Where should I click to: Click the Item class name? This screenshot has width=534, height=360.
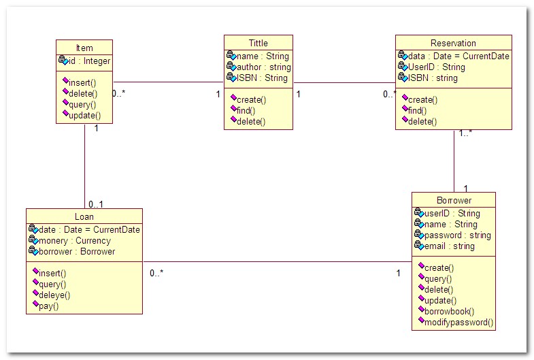[x=84, y=48]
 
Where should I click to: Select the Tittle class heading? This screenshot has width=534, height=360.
[x=258, y=43]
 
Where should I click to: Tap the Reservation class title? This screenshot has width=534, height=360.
[x=453, y=43]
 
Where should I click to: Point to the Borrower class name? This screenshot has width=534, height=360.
[x=454, y=200]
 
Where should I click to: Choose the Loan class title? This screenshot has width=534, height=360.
[x=84, y=216]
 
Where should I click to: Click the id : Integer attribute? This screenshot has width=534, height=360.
[x=89, y=61]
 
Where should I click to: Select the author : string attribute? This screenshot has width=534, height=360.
[x=263, y=67]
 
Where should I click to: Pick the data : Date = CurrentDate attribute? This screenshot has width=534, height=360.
[x=458, y=56]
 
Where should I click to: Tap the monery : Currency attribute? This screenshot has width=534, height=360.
[x=75, y=241]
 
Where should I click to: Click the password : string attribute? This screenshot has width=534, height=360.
[x=457, y=235]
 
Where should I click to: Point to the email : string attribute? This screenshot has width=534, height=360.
[x=449, y=246]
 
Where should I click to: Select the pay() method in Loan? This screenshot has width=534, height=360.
[x=49, y=306]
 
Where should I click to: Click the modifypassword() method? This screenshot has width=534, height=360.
[x=458, y=322]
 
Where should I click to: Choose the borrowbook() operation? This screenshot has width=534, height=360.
[x=449, y=311]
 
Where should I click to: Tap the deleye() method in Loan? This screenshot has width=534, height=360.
[x=54, y=295]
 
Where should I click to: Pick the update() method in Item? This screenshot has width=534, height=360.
[x=85, y=116]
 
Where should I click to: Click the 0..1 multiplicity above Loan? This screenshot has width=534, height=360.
[x=96, y=204]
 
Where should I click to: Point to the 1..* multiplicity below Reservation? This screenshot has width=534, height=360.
[x=465, y=133]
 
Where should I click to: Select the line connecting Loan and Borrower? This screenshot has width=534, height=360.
[x=278, y=262]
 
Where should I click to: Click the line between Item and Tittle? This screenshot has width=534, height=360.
[x=168, y=82]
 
